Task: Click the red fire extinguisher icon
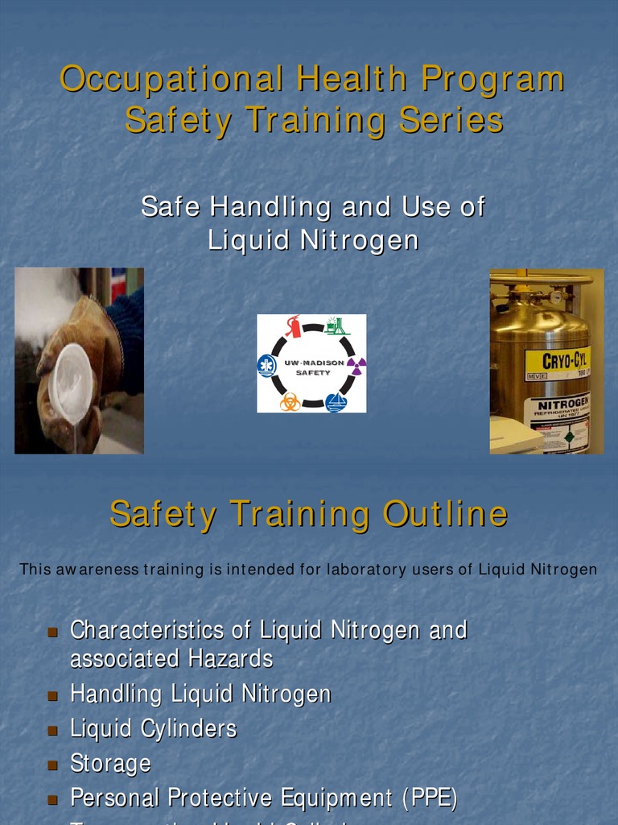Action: pos(293,326)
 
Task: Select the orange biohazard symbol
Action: pos(290,401)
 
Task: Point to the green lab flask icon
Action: pos(336,325)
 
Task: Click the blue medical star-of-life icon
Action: pos(266,366)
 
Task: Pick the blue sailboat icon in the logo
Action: pos(336,402)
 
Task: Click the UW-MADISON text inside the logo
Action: pos(313,363)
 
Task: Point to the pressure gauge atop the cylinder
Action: pos(555,296)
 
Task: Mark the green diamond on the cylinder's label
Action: pos(570,437)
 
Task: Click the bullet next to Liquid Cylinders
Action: pos(53,730)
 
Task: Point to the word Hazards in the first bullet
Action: pos(231,659)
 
